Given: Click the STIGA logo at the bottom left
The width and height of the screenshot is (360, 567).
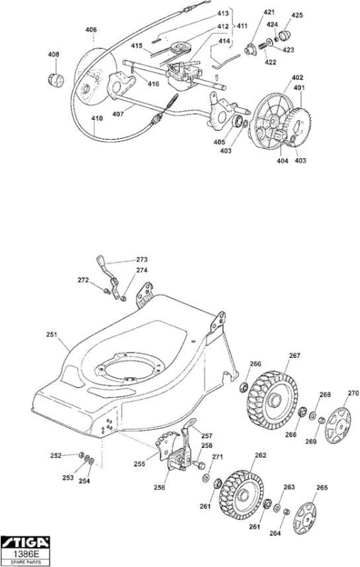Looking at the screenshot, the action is (25, 542).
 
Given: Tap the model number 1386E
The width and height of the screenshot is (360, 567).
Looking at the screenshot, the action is (25, 554).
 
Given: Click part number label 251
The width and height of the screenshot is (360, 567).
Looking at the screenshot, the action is (52, 335).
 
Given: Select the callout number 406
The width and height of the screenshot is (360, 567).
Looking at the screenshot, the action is (91, 29).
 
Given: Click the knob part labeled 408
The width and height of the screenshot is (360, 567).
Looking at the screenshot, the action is (56, 79).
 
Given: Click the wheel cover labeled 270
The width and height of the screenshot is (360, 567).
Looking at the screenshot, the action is (337, 425).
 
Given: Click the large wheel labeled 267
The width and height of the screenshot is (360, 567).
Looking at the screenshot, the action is (273, 400).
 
